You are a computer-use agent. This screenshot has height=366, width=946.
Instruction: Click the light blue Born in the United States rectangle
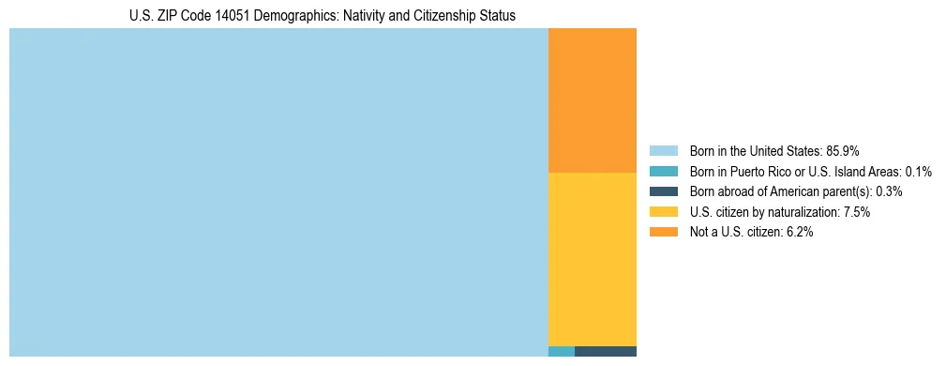tap(278, 192)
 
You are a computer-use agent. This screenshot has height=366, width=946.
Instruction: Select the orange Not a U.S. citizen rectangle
tap(592, 100)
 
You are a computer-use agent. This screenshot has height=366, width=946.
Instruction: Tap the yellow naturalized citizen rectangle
tap(592, 259)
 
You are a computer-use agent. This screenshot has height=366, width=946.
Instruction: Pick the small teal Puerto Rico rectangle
tap(561, 352)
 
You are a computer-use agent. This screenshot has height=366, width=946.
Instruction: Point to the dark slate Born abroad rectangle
tap(605, 352)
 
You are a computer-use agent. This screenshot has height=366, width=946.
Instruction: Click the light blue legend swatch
tap(663, 151)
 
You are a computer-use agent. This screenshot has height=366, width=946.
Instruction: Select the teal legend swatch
tap(663, 172)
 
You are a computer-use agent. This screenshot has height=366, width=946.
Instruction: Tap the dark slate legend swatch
tap(663, 191)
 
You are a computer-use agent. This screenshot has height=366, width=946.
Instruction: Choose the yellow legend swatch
tap(663, 212)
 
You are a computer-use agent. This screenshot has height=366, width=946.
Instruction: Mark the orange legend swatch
tap(663, 233)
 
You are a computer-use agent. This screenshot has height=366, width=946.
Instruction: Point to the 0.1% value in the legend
tap(919, 172)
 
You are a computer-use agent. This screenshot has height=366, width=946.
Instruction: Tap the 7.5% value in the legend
tap(857, 212)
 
